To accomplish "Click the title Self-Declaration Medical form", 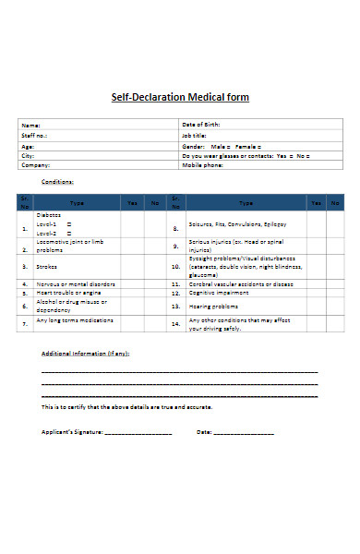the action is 180,97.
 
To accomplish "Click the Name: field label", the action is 31,125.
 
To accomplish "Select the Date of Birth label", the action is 200,125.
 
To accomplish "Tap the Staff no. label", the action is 34,136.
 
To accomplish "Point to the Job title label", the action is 195,136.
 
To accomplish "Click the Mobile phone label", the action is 202,165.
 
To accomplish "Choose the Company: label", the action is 36,165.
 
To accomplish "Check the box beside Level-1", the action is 70,223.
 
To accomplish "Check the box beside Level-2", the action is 70,232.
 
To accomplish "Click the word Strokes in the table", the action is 47,266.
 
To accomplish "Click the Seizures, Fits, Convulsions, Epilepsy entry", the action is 237,224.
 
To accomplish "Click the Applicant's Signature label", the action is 72,432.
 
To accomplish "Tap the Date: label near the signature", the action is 204,432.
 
